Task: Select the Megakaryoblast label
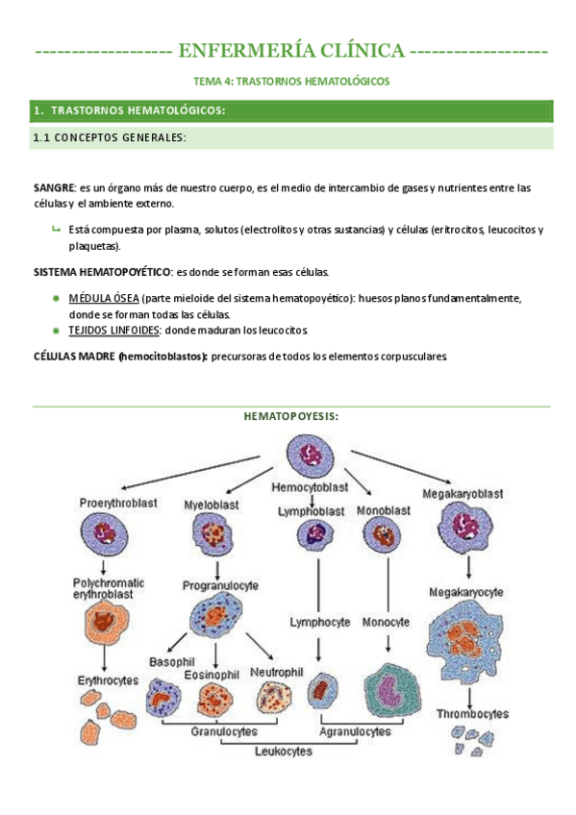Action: click(x=461, y=494)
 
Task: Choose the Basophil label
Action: click(x=171, y=662)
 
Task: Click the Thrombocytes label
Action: click(x=472, y=714)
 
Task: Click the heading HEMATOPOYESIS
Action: click(x=291, y=416)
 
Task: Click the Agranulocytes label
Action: click(x=357, y=731)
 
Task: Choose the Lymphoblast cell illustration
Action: click(x=312, y=534)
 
